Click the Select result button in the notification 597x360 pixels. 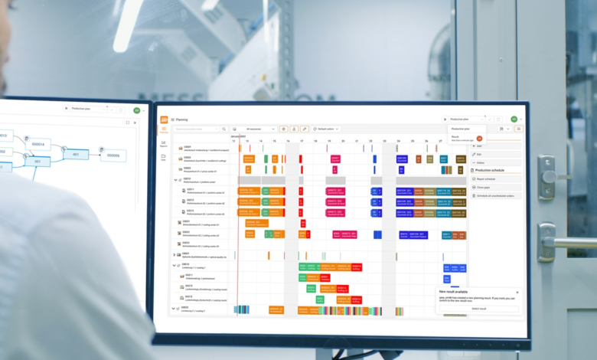click(478, 309)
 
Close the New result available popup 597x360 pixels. click(517, 292)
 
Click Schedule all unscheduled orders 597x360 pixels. click(494, 196)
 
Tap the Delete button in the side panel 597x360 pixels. click(481, 162)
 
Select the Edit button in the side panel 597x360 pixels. click(480, 154)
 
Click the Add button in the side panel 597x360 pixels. click(480, 146)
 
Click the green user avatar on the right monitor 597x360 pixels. click(514, 119)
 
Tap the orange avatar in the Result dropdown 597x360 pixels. click(479, 138)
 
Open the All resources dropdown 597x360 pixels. click(255, 129)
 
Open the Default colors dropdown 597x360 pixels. click(327, 129)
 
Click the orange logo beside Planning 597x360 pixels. click(164, 119)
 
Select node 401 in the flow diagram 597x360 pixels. click(76, 153)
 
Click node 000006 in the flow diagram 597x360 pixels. click(113, 155)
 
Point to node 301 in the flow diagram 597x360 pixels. click(37, 162)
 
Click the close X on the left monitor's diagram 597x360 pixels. click(135, 123)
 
